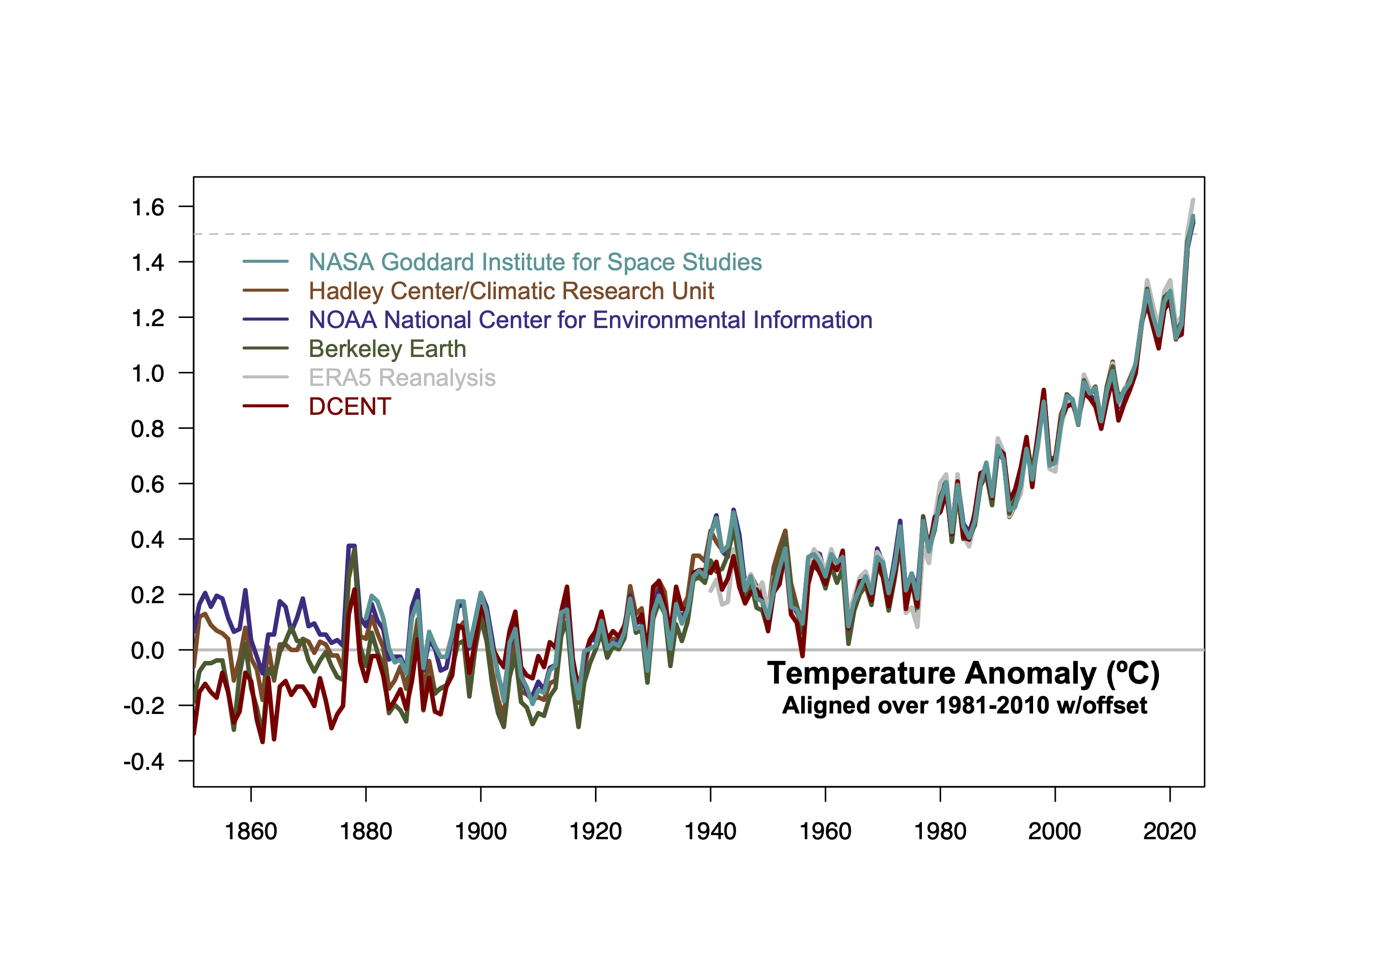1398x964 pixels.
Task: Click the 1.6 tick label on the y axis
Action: coord(147,208)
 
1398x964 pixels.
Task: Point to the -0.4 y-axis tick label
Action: coord(143,762)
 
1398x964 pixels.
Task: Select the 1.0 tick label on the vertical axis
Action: coord(147,374)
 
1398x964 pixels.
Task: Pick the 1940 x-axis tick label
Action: coord(710,832)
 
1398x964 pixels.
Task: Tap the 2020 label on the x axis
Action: coord(1169,832)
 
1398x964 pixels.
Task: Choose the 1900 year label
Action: coord(480,832)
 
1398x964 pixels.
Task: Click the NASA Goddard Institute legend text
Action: coord(535,262)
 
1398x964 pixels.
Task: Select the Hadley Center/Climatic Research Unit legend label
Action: coord(511,291)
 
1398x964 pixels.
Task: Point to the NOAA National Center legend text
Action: coord(590,320)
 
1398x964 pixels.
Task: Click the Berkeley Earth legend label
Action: coord(387,349)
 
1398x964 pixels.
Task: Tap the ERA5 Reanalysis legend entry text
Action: coord(402,378)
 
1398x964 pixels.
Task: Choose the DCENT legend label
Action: coord(349,407)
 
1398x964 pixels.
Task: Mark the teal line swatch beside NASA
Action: coord(266,261)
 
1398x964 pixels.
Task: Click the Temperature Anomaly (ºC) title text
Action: coord(963,673)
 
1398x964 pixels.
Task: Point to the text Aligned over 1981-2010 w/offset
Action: coord(964,705)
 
